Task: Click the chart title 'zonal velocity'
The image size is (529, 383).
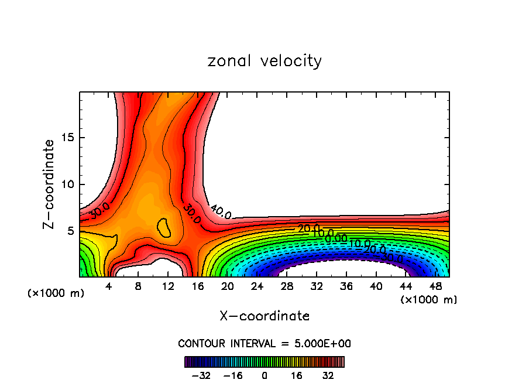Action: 264,61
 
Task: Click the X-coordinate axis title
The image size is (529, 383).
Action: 264,316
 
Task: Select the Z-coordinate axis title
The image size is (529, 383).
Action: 49,184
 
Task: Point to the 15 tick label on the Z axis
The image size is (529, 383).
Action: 66,138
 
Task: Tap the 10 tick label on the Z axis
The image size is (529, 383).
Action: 66,184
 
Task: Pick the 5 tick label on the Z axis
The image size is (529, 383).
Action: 70,231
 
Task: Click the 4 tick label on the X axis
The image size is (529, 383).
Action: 109,287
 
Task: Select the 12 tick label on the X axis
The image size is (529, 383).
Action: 168,287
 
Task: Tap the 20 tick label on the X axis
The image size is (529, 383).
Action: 228,287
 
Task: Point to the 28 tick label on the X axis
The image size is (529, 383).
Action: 287,287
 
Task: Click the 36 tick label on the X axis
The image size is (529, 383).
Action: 346,287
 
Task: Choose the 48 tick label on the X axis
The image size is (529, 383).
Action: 435,287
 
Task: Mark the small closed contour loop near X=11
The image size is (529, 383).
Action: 164,227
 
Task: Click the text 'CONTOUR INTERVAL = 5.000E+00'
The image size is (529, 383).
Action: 264,343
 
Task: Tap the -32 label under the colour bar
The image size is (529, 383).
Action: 201,375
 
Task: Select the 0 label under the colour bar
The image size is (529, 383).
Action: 264,375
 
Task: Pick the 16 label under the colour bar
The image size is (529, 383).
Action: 297,375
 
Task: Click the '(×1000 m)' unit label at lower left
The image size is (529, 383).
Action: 56,293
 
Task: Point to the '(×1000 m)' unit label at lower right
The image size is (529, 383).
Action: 429,300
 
